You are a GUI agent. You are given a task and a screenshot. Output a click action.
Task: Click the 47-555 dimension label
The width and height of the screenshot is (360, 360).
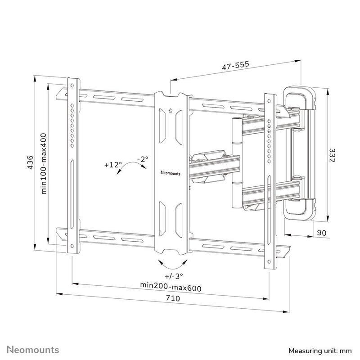click(235, 65)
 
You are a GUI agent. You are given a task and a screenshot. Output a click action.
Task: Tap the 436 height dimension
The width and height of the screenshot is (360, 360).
click(30, 162)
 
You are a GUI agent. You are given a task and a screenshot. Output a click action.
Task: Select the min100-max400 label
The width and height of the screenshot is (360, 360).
click(43, 164)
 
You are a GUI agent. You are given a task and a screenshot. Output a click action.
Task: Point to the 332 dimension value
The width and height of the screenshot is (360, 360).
click(332, 155)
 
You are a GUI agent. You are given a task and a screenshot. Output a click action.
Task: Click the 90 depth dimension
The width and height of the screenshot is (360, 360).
click(322, 233)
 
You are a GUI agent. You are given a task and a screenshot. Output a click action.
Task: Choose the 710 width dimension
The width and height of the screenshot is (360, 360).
click(173, 298)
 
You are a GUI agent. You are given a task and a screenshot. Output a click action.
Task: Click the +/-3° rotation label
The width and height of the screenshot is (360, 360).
click(174, 276)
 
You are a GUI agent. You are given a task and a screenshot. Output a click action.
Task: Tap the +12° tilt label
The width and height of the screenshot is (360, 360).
click(113, 165)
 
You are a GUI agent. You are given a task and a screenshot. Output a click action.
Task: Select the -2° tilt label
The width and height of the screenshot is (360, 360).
click(143, 159)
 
